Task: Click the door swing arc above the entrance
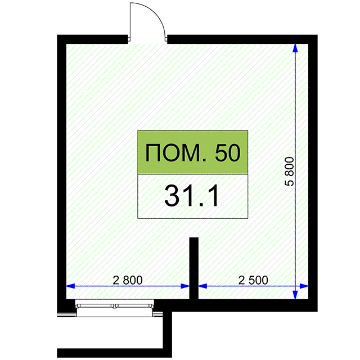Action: point(154,13)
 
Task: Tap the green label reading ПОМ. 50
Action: point(192,152)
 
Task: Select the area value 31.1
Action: point(191,196)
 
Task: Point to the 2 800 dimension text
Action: point(128,280)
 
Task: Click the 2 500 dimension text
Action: point(253,280)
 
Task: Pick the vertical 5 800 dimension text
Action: point(289,172)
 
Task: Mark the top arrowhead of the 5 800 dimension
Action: point(295,48)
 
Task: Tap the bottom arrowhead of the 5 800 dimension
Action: point(295,295)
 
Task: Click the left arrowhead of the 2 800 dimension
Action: point(70,286)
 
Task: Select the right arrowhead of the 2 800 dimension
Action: point(185,286)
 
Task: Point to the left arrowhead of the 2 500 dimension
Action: point(202,286)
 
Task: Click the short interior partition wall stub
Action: point(193,268)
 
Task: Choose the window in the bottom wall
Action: point(115,308)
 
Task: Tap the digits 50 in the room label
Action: point(228,152)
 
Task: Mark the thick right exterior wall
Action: point(313,173)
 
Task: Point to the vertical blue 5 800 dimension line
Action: point(295,172)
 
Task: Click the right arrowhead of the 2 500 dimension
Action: point(304,286)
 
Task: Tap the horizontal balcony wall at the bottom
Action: point(114,353)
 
